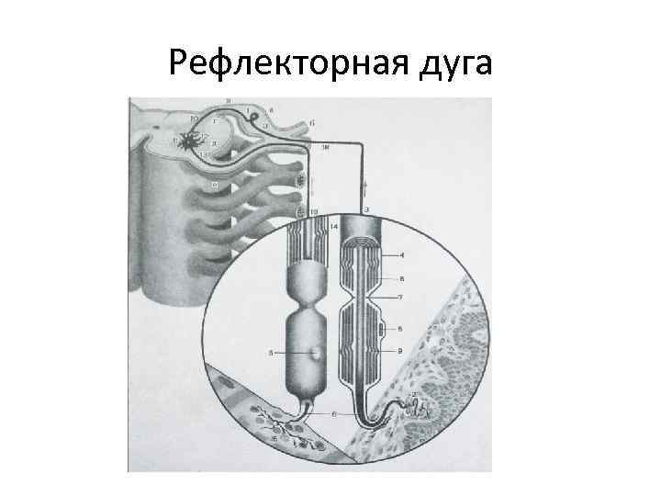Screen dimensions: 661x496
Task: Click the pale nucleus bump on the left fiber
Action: point(315,352)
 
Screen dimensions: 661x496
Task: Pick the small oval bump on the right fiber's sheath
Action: point(382,328)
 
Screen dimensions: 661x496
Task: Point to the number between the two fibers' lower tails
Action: point(335,415)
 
